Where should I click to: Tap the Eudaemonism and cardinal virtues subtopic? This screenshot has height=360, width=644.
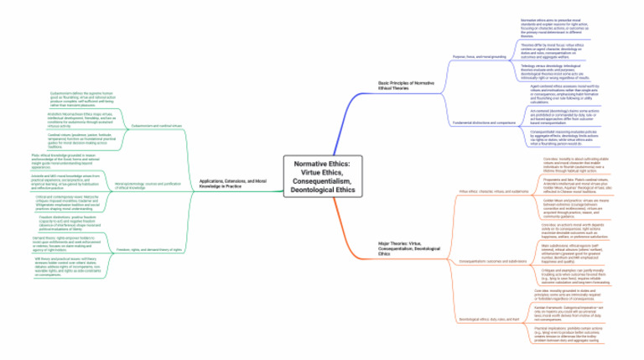[152, 124]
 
